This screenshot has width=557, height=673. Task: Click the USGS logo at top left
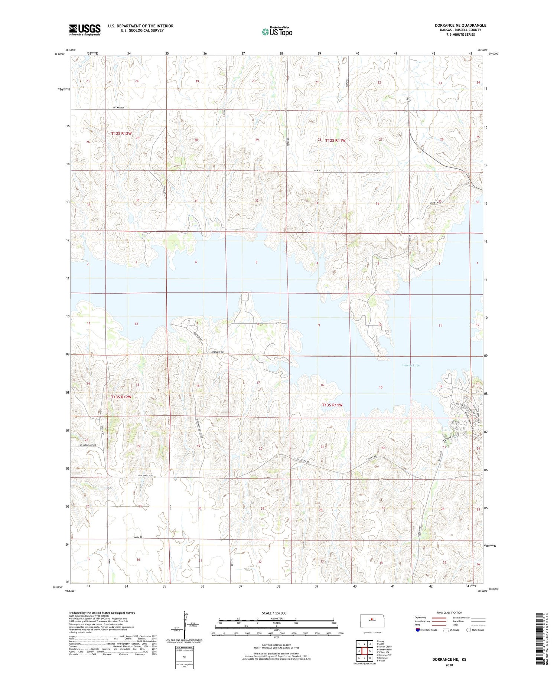[85, 30]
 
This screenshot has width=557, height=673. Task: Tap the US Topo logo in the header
[277, 32]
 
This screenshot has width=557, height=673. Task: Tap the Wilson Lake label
[411, 365]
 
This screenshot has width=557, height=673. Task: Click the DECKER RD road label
[118, 108]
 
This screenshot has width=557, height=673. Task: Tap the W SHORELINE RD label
[88, 445]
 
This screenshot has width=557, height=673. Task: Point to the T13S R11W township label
[332, 405]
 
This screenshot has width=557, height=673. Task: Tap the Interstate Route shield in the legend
[417, 630]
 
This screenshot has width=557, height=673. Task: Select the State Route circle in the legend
[469, 630]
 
